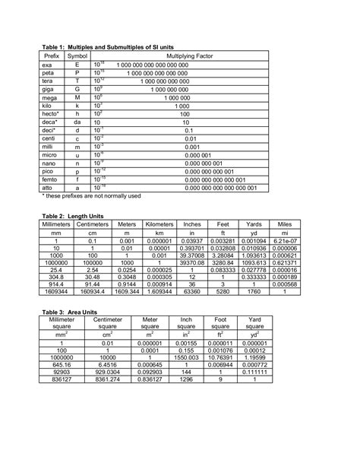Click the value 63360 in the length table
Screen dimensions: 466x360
tap(192, 290)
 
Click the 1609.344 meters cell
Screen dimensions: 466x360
tap(127, 290)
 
